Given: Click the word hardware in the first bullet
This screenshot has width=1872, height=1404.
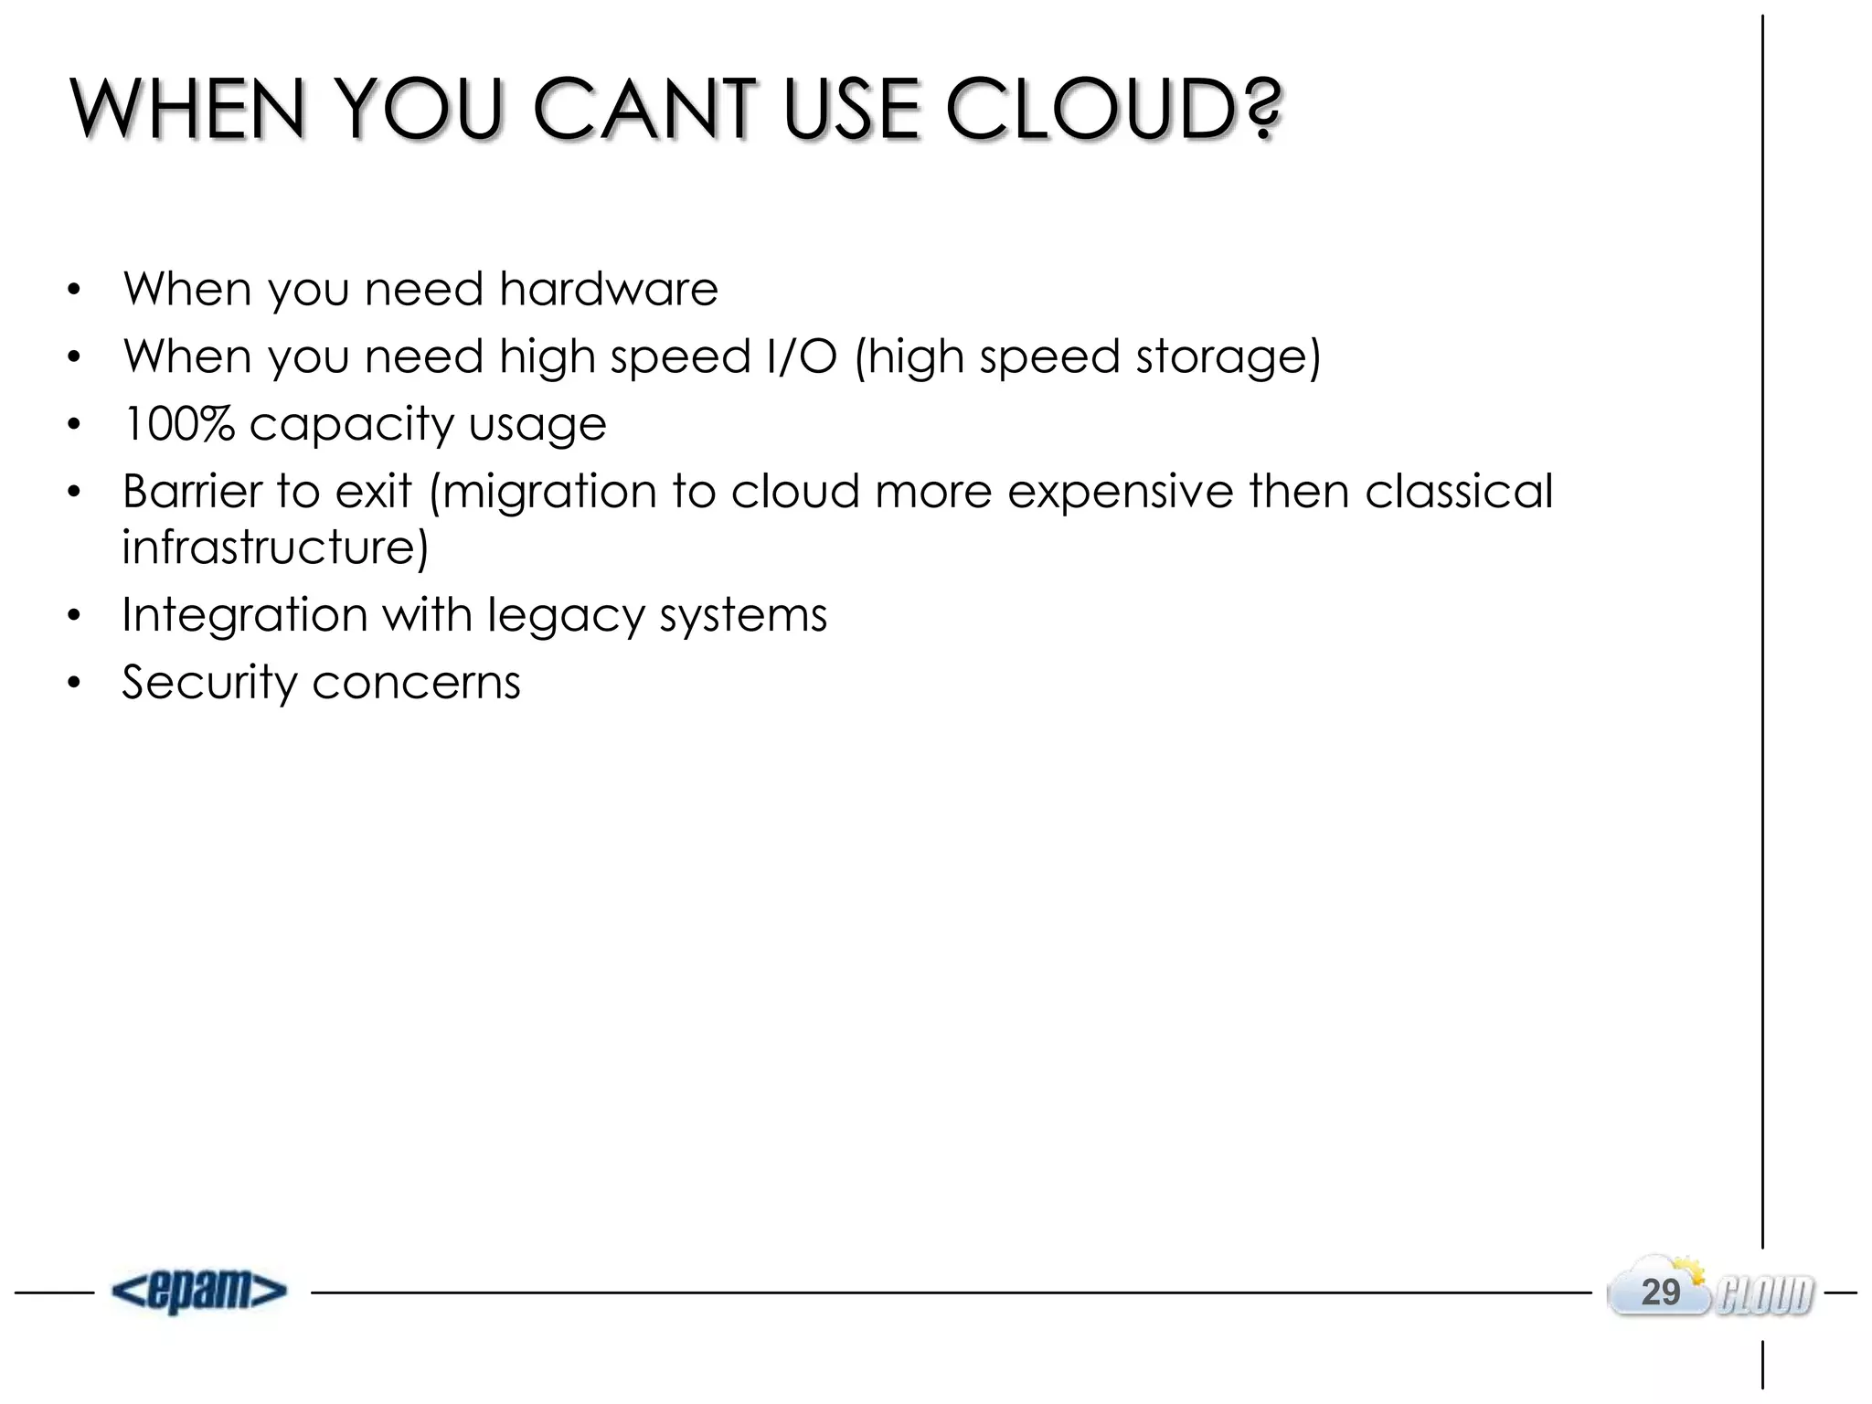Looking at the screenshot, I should [609, 289].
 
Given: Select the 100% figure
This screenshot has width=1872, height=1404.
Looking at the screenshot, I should [178, 423].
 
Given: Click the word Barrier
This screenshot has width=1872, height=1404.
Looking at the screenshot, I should [192, 491].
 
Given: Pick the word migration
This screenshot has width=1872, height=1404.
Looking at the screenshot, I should [549, 492].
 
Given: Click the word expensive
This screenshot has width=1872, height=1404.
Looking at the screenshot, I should [1121, 492].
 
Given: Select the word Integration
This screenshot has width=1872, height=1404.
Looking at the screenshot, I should [244, 614].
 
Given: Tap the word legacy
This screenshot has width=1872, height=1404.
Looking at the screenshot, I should [566, 615].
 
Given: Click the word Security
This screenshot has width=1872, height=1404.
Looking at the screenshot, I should [209, 683].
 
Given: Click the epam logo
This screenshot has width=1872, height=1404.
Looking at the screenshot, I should [199, 1291].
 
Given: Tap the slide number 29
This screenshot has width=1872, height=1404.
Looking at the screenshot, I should [1660, 1292].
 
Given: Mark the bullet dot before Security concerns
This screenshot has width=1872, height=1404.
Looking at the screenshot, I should [74, 683].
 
